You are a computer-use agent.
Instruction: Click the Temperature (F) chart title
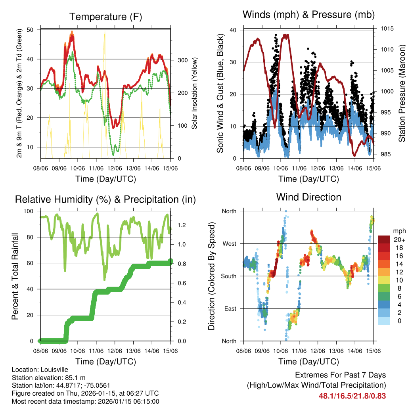105,17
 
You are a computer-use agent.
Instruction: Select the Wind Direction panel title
308,197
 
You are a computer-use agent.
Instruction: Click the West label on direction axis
229,243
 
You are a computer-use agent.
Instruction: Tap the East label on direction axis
230,308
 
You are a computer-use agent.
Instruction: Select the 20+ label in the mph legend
399,239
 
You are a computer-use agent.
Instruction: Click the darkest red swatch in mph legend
384,239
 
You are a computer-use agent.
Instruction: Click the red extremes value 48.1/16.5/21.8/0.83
352,396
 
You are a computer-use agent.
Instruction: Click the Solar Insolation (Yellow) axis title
195,94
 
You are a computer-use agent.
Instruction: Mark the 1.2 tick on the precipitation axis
182,225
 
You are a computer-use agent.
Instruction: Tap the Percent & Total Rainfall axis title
15,276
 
